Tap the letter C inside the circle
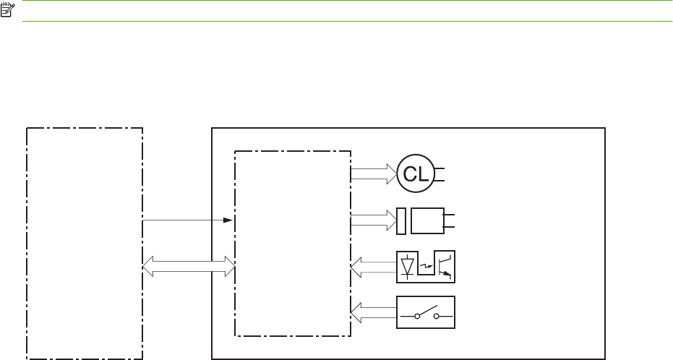tap(411, 173)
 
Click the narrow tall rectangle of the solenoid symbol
tap(401, 220)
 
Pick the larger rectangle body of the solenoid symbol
tap(427, 220)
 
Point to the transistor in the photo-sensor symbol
tap(447, 266)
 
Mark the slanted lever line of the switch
tap(426, 310)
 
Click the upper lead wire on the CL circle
tap(439, 168)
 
